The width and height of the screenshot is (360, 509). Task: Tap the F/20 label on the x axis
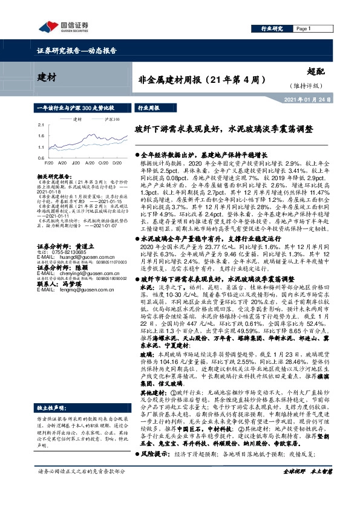pyautogui.click(x=49, y=162)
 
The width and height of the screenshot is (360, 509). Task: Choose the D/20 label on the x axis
pyautogui.click(x=116, y=162)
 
